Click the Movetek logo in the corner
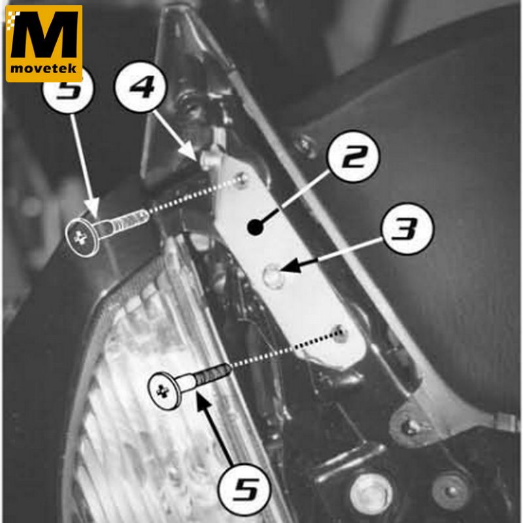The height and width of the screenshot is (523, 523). (x=44, y=43)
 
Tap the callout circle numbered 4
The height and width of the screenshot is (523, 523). (x=141, y=86)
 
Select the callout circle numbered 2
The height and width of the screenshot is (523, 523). (x=354, y=156)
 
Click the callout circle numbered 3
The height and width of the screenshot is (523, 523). (x=408, y=228)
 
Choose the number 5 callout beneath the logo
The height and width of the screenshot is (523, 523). (x=69, y=88)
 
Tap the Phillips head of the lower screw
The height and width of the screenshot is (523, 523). (x=165, y=391)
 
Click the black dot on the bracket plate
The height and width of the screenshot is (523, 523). (x=255, y=227)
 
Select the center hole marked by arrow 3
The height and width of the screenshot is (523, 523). (x=272, y=275)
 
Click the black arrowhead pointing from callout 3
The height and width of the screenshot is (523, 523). (x=291, y=266)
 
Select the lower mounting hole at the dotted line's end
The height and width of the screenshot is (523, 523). (x=340, y=334)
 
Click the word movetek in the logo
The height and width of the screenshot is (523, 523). (x=44, y=69)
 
